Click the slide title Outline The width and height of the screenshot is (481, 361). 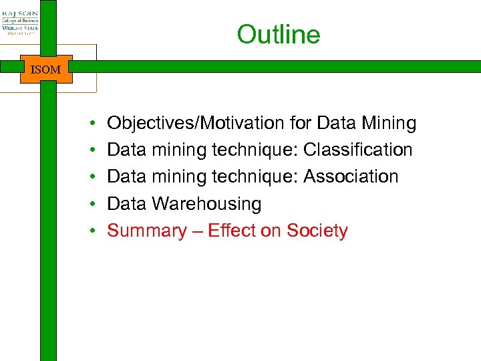[x=279, y=35]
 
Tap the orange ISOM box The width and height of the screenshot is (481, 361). [x=45, y=69]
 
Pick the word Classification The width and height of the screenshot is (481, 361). [x=357, y=150]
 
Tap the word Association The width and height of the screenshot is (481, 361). [x=351, y=176]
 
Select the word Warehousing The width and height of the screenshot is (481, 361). [x=206, y=204]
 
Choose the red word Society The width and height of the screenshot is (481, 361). [x=317, y=231]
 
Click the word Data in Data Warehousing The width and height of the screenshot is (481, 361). [x=127, y=204]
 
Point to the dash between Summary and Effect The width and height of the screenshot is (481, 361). [x=197, y=231]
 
